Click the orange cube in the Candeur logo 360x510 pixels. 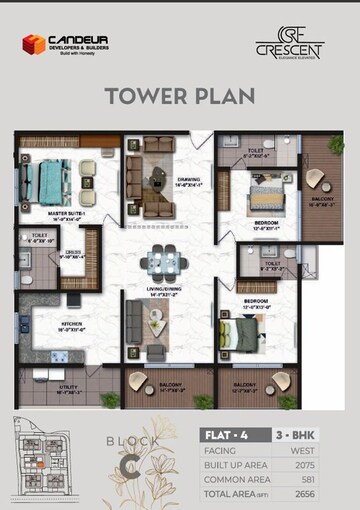pyautogui.click(x=33, y=44)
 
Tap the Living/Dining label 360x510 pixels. pyautogui.click(x=162, y=291)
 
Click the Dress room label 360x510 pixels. pyautogui.click(x=73, y=253)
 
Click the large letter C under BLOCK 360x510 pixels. pyautogui.click(x=129, y=462)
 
